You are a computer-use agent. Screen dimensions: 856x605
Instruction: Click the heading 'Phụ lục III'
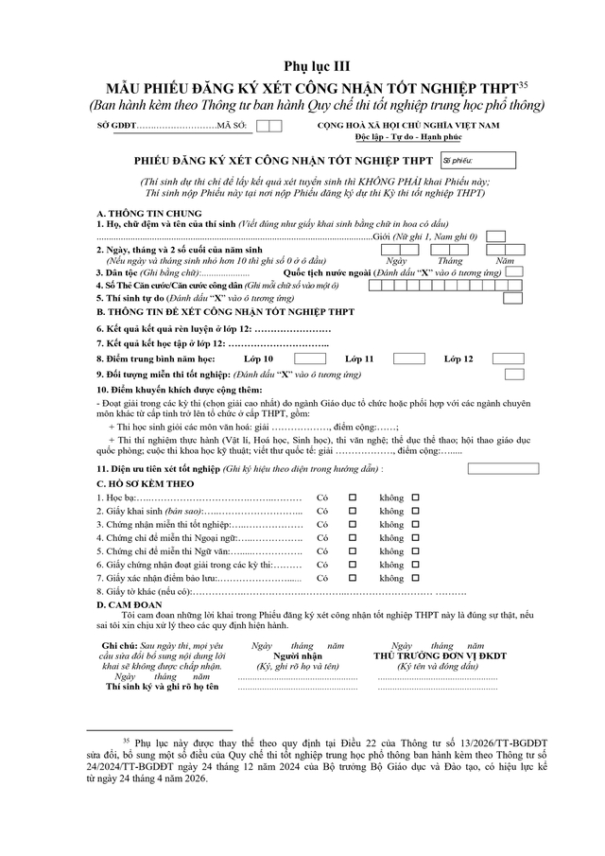tap(302, 65)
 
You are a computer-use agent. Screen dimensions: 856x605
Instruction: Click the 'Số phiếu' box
tap(477, 161)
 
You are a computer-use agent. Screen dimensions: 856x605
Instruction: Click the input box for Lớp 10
tap(310, 358)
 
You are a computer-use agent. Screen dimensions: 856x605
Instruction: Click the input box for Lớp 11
tap(408, 358)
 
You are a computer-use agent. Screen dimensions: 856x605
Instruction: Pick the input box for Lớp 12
tap(508, 358)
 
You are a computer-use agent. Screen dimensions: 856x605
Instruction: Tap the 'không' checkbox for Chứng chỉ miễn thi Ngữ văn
tap(415, 550)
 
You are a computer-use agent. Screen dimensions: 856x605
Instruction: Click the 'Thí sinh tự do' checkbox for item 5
tap(512, 297)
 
